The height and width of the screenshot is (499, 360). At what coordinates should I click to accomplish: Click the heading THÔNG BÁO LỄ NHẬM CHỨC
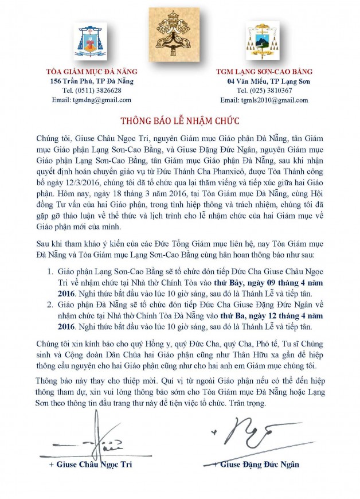point(180,122)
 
